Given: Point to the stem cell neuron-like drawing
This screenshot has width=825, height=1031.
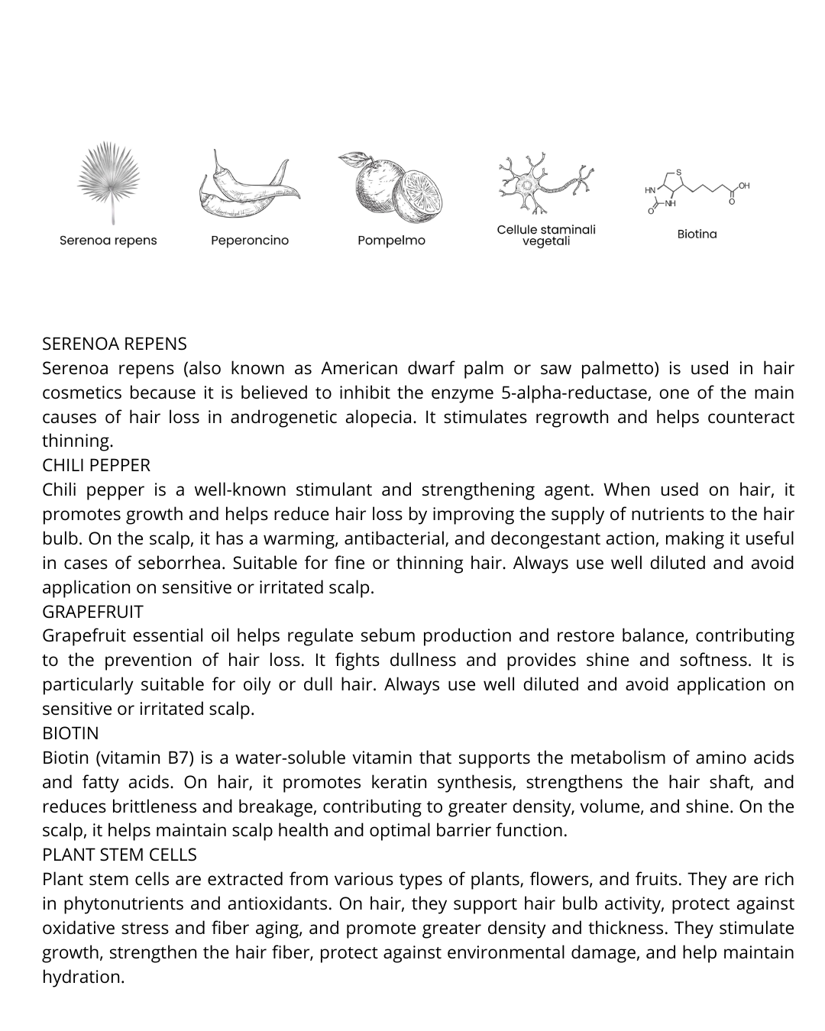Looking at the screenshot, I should tap(545, 183).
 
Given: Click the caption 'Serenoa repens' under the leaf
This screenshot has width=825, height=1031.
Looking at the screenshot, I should tap(108, 241).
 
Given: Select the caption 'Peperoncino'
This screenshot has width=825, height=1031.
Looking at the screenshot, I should tap(250, 241).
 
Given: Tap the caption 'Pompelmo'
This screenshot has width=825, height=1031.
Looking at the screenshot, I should tap(391, 241).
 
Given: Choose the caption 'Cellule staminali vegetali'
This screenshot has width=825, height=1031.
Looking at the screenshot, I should tap(545, 235).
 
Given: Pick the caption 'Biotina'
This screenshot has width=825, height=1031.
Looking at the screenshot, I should tap(697, 234).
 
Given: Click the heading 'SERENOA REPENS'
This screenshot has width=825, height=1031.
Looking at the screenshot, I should tap(115, 344).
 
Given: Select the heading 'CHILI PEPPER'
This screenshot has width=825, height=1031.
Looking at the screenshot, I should tap(96, 465).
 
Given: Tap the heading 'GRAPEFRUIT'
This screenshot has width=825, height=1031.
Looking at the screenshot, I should tap(92, 612).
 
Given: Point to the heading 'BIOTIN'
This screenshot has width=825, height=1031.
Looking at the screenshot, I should tap(70, 733).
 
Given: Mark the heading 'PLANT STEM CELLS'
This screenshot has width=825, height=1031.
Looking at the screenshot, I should tap(119, 855).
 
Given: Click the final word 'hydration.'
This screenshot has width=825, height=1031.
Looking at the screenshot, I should tap(83, 977).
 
